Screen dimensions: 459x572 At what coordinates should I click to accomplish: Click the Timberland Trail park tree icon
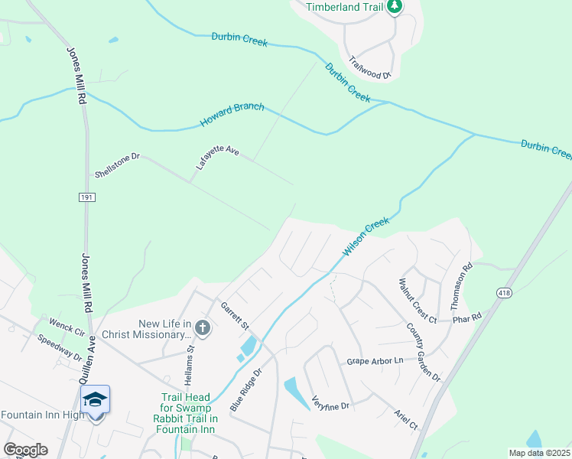tap(395, 8)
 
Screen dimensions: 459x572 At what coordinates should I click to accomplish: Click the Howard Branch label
tap(232, 116)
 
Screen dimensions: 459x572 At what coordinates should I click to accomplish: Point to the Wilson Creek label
tap(366, 237)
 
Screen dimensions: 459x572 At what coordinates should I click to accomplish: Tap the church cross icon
tap(203, 329)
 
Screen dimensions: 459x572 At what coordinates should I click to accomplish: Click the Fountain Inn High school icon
tap(96, 399)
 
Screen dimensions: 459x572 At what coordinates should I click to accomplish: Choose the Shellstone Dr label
tap(117, 165)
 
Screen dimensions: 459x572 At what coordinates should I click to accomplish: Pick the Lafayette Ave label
tap(217, 157)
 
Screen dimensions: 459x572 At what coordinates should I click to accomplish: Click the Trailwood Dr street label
tap(369, 67)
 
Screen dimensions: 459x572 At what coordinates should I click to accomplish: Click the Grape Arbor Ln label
tap(374, 360)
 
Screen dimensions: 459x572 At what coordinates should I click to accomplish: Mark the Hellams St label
tap(190, 365)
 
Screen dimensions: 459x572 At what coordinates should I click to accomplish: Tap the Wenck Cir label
tap(67, 329)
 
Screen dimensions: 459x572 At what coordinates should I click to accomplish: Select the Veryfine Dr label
tap(330, 401)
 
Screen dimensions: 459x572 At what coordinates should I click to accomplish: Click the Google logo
tap(25, 450)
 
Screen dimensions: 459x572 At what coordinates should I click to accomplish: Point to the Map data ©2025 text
tap(538, 453)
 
